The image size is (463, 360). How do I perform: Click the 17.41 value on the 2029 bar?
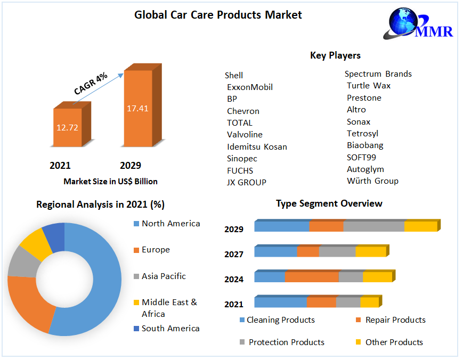[137, 108]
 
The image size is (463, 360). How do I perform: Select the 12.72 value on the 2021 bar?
[67, 127]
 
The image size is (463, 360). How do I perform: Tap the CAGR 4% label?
[91, 84]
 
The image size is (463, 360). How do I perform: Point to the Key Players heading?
[335, 55]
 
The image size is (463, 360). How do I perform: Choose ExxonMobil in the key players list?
[249, 87]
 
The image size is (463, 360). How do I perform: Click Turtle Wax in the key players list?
[369, 86]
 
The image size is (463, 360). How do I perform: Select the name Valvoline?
[245, 135]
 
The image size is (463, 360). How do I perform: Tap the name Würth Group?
[372, 181]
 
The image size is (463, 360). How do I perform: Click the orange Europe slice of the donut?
[27, 304]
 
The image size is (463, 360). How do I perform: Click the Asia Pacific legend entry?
[164, 276]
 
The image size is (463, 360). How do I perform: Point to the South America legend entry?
[170, 329]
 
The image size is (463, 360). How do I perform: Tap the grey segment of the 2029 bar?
[373, 226]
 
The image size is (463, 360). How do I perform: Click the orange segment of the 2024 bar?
[312, 277]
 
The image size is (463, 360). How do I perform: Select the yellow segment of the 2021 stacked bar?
[369, 302]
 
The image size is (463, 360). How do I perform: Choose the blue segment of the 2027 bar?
[275, 251]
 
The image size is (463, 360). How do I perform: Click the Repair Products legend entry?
[395, 320]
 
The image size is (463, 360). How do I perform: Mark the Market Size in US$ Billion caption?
[110, 182]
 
